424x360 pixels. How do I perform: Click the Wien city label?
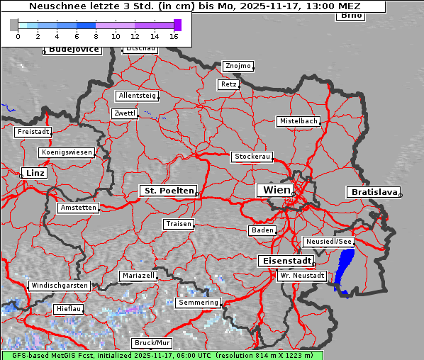277,190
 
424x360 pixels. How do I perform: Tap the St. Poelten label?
168,191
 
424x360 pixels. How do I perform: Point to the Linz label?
33,173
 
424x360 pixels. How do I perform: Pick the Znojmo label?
238,66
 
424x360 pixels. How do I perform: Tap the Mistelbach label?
298,121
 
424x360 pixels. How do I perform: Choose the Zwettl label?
125,113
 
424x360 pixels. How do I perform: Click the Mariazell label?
138,275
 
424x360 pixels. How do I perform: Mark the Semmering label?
199,303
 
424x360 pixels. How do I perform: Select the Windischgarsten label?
60,286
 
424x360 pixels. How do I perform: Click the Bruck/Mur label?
152,343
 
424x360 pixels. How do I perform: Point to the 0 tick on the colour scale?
17,35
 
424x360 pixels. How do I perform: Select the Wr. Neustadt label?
302,275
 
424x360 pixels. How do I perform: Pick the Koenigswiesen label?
67,152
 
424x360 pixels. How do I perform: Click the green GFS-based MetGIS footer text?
162,355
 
